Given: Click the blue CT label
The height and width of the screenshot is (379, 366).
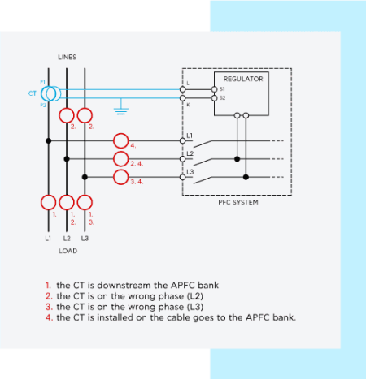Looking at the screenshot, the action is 33,93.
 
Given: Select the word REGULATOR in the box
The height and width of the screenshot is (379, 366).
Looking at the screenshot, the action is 243,79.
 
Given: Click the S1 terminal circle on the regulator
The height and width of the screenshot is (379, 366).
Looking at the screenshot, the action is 214,89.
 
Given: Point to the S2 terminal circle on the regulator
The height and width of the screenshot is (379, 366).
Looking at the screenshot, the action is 214,98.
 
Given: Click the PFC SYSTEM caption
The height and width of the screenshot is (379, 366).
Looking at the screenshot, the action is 238,202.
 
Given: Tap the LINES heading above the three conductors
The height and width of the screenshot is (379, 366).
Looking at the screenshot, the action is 68,57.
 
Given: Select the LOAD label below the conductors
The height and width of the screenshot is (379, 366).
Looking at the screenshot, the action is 68,251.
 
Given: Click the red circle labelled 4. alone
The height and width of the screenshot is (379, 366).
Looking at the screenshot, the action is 121,141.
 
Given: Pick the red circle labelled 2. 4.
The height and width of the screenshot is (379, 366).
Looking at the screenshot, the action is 121,159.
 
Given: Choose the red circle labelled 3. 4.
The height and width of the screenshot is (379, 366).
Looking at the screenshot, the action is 121,177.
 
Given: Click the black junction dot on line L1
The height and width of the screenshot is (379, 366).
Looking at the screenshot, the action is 49,140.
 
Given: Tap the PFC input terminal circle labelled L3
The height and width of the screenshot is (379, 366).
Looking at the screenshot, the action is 183,177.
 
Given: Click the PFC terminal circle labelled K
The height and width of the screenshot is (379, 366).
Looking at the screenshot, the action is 183,98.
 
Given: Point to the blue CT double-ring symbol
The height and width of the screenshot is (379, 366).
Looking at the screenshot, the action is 51,93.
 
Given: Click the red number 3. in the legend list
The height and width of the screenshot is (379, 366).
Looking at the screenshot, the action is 49,307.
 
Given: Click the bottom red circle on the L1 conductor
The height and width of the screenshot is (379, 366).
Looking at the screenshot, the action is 49,202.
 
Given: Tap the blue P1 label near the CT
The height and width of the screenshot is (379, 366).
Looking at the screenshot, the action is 43,82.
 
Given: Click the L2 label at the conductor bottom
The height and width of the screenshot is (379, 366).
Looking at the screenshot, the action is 67,239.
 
